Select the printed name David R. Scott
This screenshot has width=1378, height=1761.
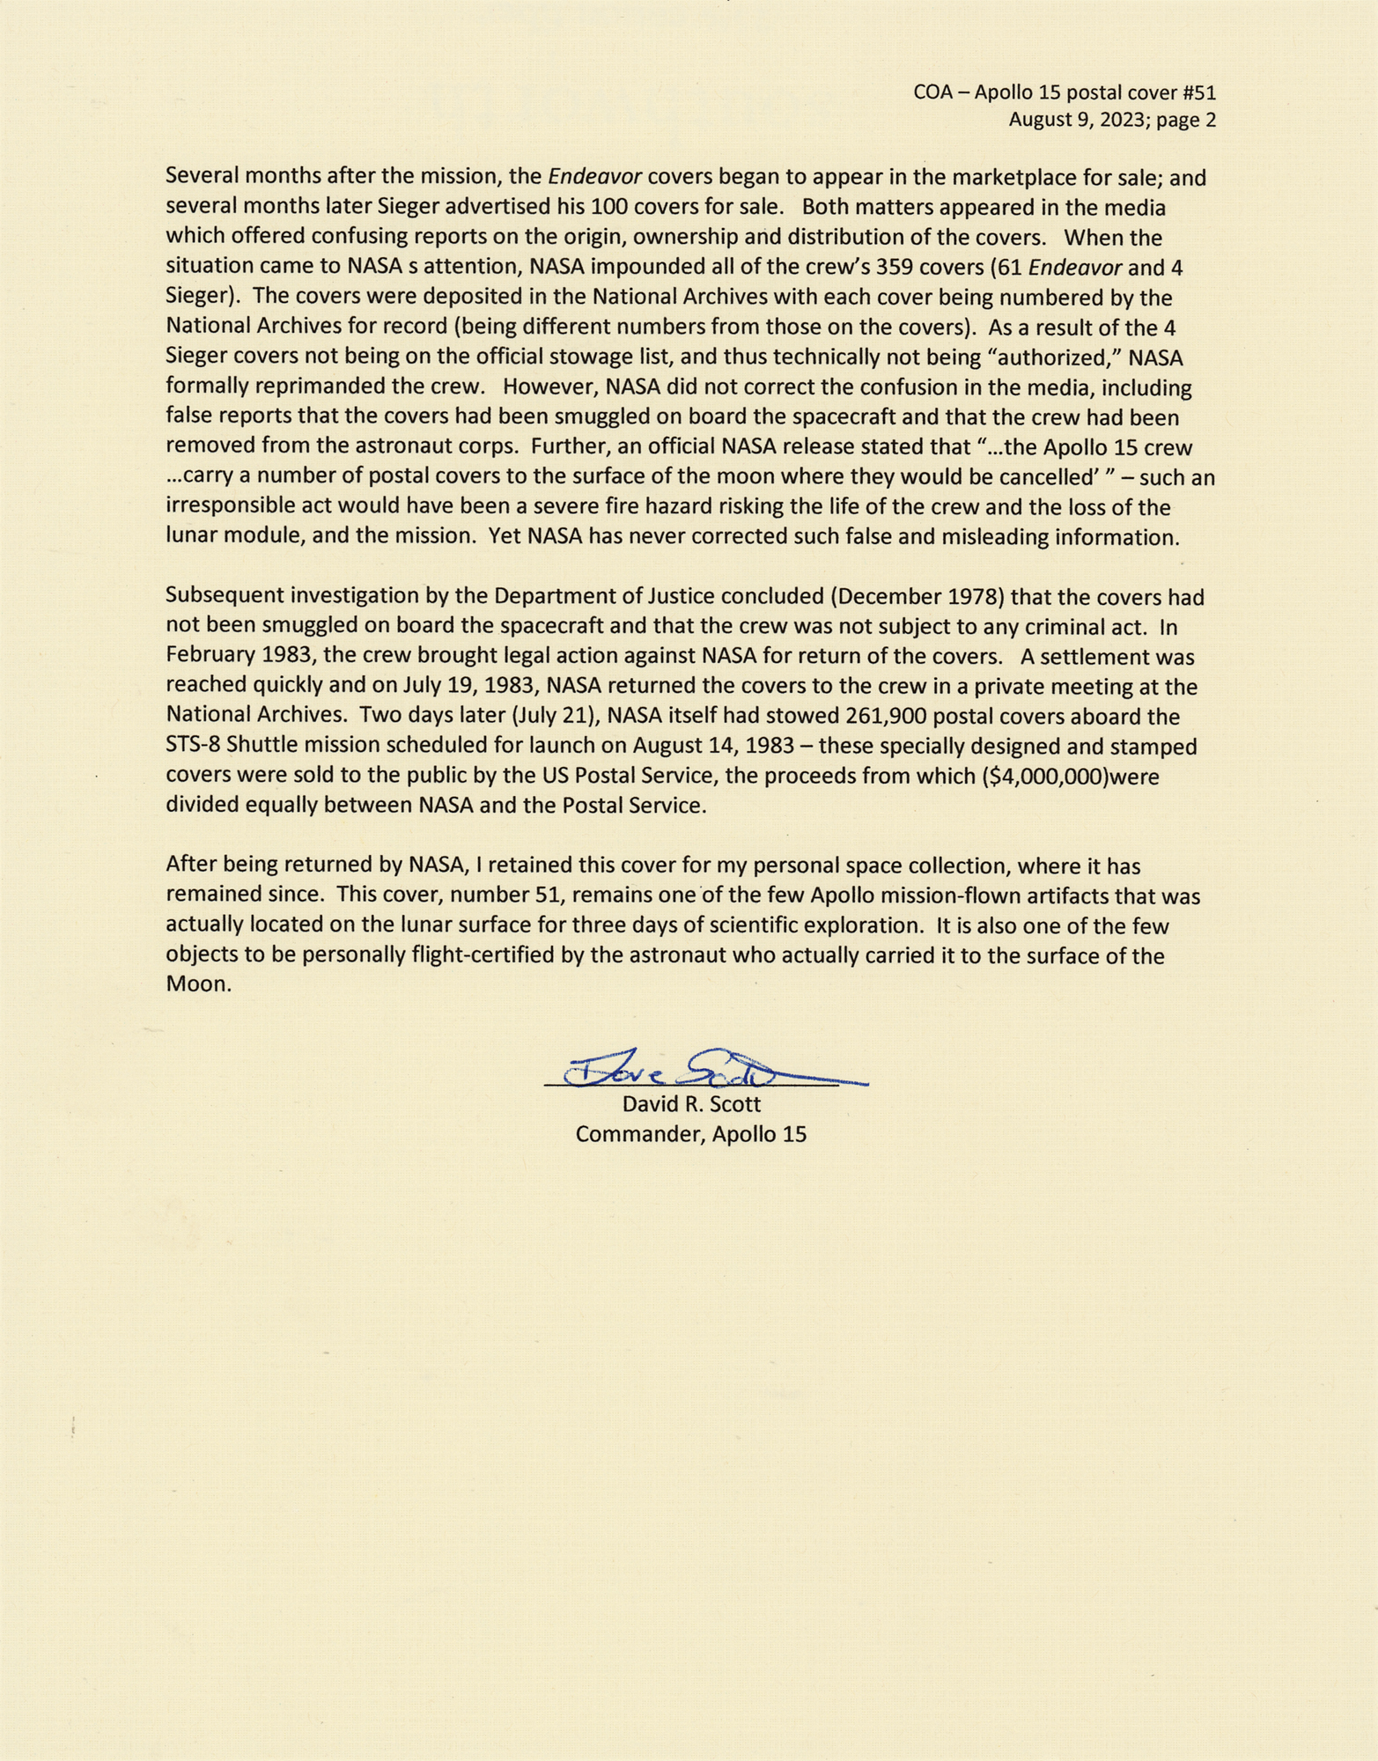(691, 1104)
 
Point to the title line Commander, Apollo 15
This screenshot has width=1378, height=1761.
(691, 1134)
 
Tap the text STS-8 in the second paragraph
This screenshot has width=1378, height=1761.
(194, 747)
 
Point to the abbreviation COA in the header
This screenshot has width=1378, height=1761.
(932, 92)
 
